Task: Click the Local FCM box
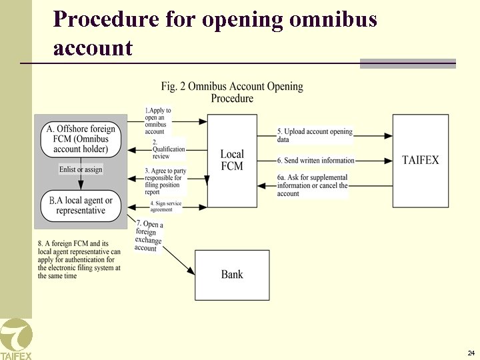(232, 160)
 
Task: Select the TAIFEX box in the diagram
(420, 160)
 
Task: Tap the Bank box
(232, 275)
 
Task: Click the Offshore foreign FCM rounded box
(81, 139)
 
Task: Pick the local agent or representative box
(81, 205)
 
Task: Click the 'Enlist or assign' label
(81, 169)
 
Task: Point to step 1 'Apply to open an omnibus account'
(158, 121)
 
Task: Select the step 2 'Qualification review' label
(168, 149)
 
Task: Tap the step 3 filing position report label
(165, 181)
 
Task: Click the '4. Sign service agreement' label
(165, 207)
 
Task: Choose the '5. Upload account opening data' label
(315, 135)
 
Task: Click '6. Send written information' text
(315, 161)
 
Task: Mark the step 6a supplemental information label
(313, 185)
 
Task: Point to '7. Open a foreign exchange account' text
(149, 235)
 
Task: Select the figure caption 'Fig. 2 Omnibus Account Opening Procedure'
(232, 92)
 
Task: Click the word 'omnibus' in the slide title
(333, 19)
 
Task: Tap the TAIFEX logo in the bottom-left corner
(15, 339)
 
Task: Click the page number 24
(471, 353)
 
